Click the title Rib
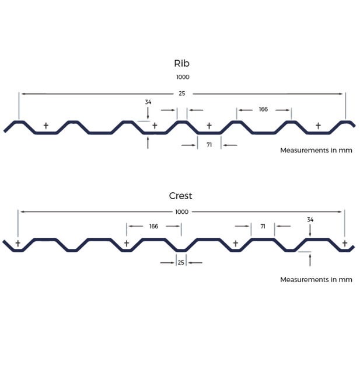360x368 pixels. tap(181, 63)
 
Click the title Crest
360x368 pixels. tap(180, 196)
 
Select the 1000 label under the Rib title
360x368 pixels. tap(183, 77)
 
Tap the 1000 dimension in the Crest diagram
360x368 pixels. tap(182, 212)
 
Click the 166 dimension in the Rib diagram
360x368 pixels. tap(263, 109)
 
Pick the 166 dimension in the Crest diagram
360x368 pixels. tap(153, 226)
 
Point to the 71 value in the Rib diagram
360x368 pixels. tap(209, 145)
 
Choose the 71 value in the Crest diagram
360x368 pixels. tap(263, 226)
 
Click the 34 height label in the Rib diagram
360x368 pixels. tap(148, 102)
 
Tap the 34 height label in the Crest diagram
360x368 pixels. tap(310, 220)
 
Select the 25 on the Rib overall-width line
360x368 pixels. tap(181, 93)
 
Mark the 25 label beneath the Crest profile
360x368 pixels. tap(181, 262)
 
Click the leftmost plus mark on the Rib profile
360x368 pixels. tap(46, 126)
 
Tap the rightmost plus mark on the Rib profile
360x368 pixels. tap(318, 126)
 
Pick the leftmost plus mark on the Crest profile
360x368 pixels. tap(18, 244)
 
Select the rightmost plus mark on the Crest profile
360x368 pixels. tap(344, 244)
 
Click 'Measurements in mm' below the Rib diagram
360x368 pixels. tap(316, 150)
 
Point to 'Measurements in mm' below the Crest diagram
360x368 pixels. tap(316, 280)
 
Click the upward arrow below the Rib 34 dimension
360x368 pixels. tap(148, 143)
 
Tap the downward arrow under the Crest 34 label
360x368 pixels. tap(310, 231)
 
